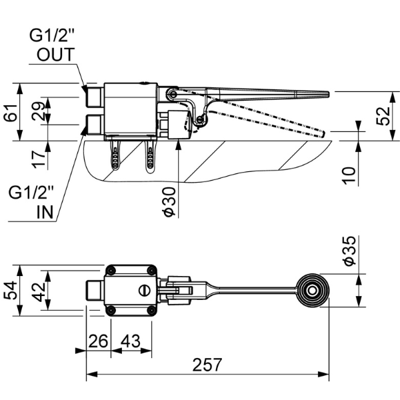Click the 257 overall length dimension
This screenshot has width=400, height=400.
pos(207,365)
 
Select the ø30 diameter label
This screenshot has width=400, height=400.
pos(169,200)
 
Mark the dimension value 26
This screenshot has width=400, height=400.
pos(98,341)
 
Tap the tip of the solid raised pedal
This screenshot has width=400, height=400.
pos(327,95)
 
